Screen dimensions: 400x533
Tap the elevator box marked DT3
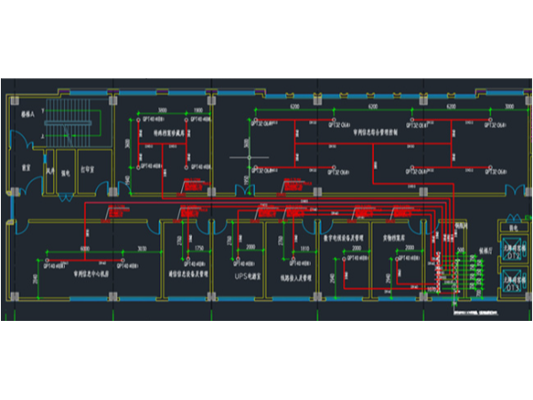point(513,284)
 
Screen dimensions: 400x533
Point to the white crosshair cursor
point(251,158)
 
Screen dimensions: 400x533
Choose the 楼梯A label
point(27,115)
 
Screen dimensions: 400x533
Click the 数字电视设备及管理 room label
point(343,238)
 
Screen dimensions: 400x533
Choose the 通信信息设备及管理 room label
point(187,275)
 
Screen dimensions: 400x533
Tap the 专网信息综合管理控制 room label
point(377,129)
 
